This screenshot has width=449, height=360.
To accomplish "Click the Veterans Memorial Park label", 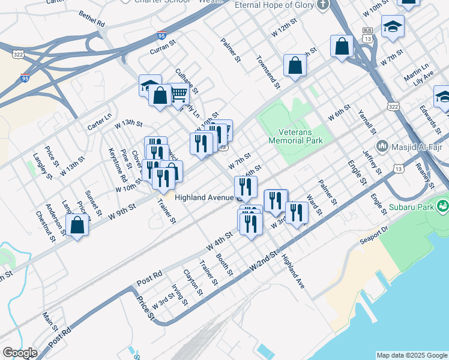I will (300, 136).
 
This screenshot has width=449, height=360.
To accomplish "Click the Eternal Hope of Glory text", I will (274, 6).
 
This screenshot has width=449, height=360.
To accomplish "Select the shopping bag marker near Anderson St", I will (77, 226).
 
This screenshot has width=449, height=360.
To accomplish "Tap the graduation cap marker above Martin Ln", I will (393, 27).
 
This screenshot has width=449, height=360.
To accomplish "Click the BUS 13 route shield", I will (368, 34).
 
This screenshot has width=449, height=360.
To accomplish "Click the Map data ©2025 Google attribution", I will (412, 355).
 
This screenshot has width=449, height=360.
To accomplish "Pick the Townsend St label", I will (268, 72).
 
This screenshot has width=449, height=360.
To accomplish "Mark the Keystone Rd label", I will (118, 166).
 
